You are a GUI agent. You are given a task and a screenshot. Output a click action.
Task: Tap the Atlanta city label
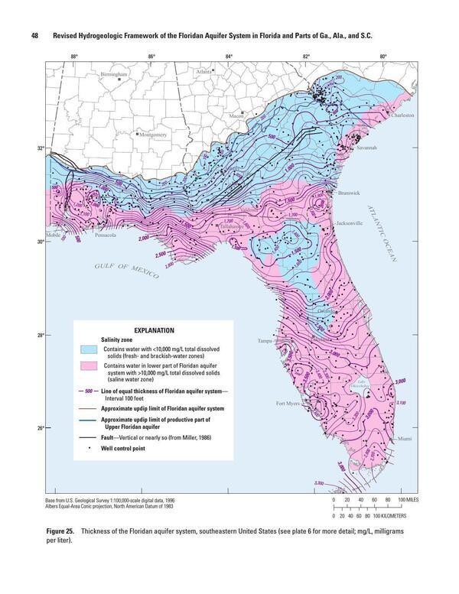[204, 71]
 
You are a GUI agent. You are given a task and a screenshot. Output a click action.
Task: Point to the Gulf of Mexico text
[126, 269]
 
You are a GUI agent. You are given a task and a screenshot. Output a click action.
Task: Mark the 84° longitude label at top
[229, 56]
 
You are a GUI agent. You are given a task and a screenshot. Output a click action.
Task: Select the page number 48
[34, 35]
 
